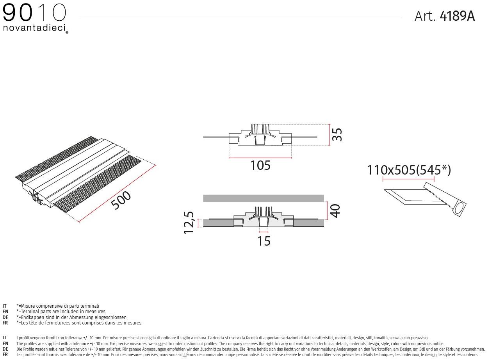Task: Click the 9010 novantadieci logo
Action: coord(35,18)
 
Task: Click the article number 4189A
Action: coord(457,16)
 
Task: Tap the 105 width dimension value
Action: coord(260,166)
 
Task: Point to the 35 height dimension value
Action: coord(337,135)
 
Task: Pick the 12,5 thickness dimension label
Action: coord(189,223)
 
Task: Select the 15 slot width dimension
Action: coord(264,241)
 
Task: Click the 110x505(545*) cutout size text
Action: coord(409,170)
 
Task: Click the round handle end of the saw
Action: coord(460,209)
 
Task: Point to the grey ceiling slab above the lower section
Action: coord(264,198)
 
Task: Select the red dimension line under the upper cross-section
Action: coord(260,158)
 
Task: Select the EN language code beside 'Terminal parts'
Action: coord(5,312)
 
